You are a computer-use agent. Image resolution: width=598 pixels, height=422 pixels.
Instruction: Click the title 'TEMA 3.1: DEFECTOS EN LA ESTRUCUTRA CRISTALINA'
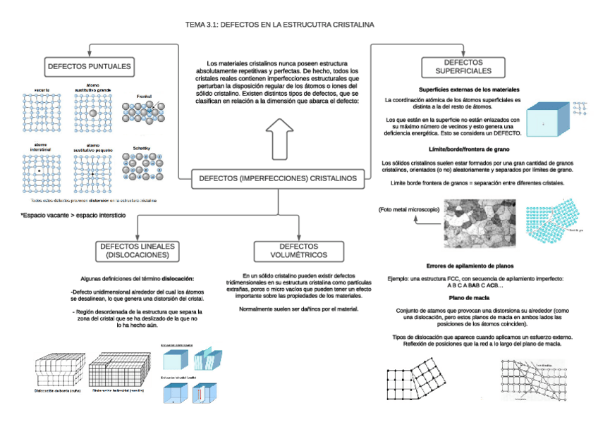(279, 25)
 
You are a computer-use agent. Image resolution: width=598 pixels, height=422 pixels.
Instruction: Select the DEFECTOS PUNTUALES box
(90, 67)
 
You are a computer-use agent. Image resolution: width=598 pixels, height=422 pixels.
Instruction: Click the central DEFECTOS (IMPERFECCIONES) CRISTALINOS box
(278, 179)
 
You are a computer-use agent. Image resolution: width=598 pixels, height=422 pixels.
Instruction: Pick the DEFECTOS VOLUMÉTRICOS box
(298, 250)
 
